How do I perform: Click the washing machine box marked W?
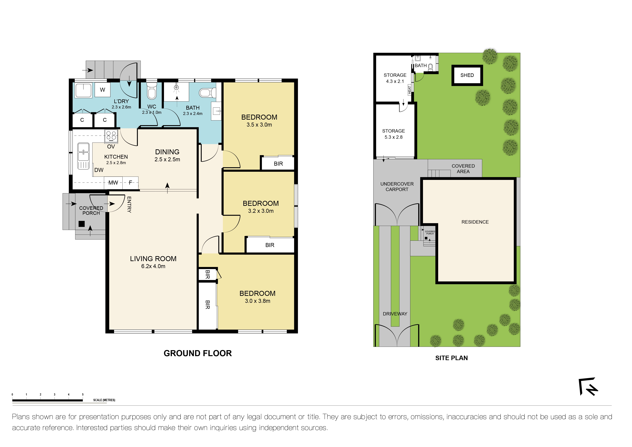[102, 90]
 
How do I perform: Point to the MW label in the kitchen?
[113, 183]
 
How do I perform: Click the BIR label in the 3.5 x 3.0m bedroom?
[278, 164]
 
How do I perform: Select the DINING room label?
[167, 152]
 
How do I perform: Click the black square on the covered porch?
[82, 224]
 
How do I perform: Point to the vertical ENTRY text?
[129, 204]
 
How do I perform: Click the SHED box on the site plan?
[467, 75]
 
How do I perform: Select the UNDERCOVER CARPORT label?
[397, 187]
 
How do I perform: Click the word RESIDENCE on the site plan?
[475, 222]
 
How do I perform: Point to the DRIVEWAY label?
[395, 314]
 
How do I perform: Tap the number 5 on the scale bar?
[83, 395]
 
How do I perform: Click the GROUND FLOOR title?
[198, 353]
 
